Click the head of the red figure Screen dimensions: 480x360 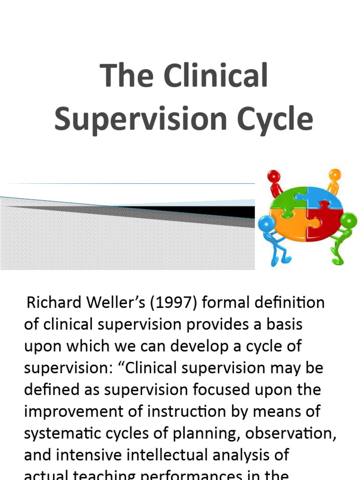pyautogui.click(x=273, y=177)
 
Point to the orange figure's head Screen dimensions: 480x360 pyautogui.click(x=335, y=175)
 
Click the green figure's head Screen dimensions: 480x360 pyautogui.click(x=348, y=220)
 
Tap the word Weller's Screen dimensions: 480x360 pyautogui.click(x=122, y=302)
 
